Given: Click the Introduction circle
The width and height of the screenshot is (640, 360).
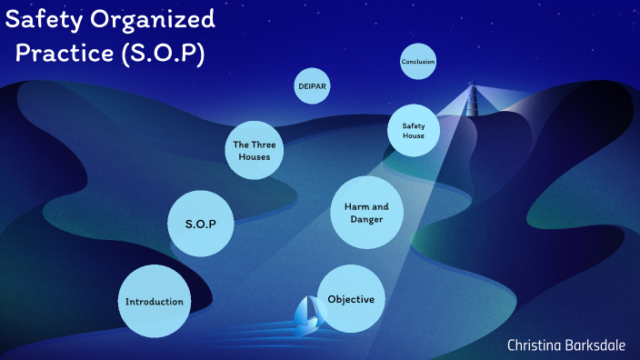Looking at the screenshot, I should point(155,301).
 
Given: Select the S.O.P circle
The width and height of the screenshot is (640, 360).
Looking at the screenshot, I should point(201,223).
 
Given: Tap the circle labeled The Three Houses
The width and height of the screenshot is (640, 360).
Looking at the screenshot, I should point(254,150).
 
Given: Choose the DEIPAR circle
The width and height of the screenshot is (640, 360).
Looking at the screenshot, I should point(312,87).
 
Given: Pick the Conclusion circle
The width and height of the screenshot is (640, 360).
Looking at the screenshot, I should point(417,62).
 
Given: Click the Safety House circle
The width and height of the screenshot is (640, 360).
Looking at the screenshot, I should point(414,130).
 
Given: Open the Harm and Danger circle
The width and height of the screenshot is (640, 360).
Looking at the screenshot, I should point(365,213).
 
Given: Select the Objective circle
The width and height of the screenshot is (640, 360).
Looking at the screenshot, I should point(351,299).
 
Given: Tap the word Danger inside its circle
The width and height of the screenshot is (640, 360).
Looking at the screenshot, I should point(365,220).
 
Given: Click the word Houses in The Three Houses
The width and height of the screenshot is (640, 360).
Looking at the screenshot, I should point(254,156).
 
